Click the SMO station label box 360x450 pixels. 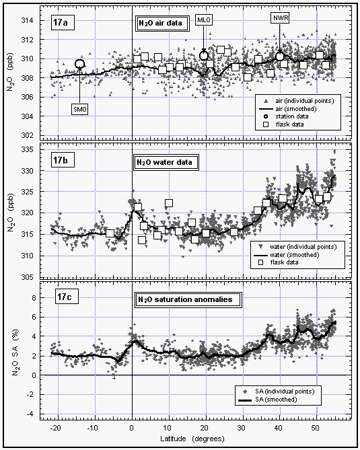[80, 110]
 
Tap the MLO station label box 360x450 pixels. [204, 20]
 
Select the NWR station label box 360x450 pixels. [280, 18]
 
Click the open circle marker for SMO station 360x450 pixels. [80, 64]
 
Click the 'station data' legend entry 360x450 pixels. [287, 116]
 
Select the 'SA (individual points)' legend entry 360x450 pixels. [278, 391]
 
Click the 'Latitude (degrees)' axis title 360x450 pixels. [192, 439]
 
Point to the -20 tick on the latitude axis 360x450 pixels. [55, 428]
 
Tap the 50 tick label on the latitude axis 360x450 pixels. [315, 428]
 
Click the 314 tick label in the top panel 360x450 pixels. [27, 20]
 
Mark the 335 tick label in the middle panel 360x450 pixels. [27, 150]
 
